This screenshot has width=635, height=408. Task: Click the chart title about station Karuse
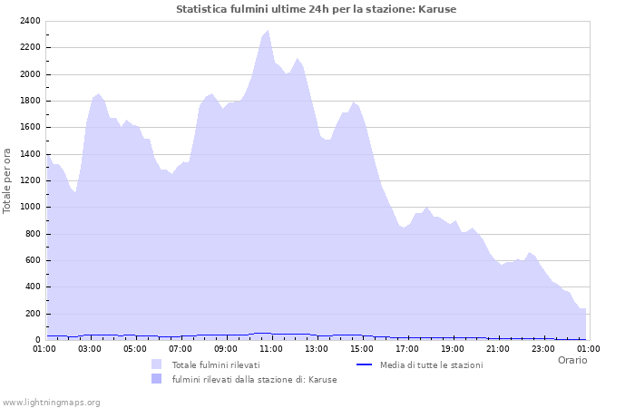tap(316, 9)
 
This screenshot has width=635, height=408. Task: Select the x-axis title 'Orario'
tap(571, 360)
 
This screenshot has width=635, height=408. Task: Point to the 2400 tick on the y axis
tap(30, 21)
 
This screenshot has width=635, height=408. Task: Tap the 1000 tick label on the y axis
tap(30, 207)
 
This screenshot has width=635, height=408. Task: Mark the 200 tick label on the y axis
tap(33, 314)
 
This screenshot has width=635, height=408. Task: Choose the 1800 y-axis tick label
tap(30, 101)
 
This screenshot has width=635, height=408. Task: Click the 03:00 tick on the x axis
tap(90, 348)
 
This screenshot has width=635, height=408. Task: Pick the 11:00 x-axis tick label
tap(271, 348)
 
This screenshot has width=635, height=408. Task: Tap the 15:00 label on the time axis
tap(362, 348)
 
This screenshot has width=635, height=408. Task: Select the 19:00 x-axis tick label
tap(453, 348)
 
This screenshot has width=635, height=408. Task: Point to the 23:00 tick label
tap(543, 348)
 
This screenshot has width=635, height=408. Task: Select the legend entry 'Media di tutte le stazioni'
tap(431, 364)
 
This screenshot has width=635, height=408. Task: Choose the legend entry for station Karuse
tap(254, 380)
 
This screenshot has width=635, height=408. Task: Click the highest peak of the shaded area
tap(268, 31)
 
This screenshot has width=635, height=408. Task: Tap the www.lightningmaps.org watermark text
tap(51, 403)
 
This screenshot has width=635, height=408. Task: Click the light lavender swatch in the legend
tap(157, 364)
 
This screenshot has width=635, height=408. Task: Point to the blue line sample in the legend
tap(365, 364)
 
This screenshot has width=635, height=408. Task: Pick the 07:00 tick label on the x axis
tap(181, 348)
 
